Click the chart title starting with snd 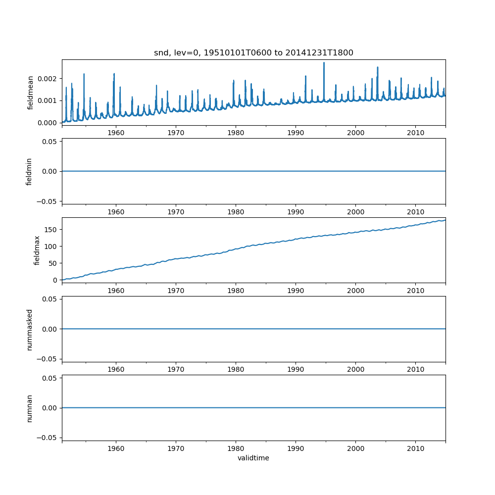pos(253,53)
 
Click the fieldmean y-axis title pos(31,93)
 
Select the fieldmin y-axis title pos(29,171)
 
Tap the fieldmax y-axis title pos(37,250)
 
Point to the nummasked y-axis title pos(29,329)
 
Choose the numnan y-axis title pos(29,408)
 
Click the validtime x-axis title pos(253,458)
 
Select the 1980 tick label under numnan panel pos(236,448)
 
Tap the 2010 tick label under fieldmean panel pos(415,133)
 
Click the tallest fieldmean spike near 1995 pos(324,63)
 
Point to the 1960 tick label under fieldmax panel pos(116,291)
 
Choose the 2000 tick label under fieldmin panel pos(355,212)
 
